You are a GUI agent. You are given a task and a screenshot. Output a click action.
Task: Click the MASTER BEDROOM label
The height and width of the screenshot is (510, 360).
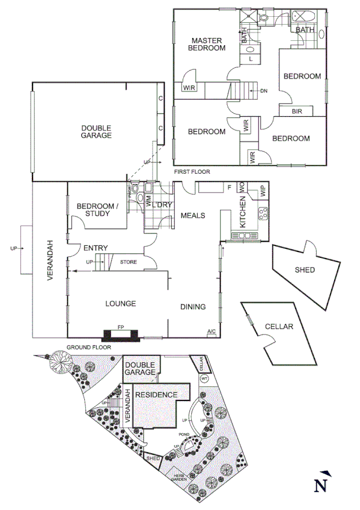(x=207, y=45)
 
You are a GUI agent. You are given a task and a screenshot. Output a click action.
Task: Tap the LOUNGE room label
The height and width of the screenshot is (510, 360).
(x=120, y=304)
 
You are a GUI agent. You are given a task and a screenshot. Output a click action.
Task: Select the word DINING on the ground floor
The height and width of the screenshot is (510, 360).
(x=193, y=307)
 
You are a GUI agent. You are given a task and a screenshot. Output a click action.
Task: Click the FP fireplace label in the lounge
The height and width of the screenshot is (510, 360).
(x=121, y=327)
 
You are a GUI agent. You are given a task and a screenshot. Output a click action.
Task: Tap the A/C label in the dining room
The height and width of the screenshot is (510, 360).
(x=211, y=331)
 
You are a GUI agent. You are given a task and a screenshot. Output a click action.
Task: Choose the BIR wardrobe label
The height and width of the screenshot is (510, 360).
(x=297, y=111)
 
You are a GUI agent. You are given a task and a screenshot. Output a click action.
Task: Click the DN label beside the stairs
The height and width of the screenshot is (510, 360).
(x=264, y=91)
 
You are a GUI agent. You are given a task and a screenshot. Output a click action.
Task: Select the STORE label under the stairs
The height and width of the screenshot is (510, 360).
(x=128, y=262)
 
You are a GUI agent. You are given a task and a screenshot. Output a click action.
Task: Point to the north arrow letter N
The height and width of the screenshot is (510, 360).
(x=323, y=484)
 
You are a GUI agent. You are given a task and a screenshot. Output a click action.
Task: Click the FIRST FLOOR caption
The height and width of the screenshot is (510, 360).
(x=192, y=172)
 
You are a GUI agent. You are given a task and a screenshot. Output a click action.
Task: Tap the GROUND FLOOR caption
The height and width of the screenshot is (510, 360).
(x=87, y=348)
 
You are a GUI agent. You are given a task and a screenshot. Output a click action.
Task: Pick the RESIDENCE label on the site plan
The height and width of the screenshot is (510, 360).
(x=156, y=395)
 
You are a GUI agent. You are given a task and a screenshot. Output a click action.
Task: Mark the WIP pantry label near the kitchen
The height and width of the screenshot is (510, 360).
(x=261, y=191)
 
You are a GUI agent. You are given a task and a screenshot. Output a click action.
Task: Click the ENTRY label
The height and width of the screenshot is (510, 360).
(x=96, y=248)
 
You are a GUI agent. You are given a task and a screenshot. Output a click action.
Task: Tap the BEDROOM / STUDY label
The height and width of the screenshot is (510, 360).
(x=98, y=210)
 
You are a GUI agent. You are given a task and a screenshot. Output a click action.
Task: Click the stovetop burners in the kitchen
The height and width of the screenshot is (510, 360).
(x=263, y=212)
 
